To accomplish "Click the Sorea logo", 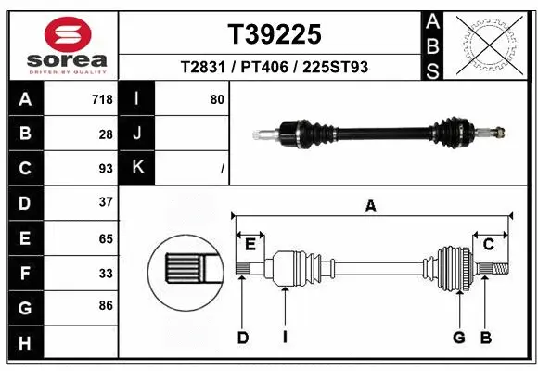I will coord(61,43).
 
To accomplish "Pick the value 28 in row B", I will coord(106,134).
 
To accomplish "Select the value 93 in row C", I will coord(106,168).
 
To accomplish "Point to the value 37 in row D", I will coord(106,201).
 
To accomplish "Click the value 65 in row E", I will coord(106,237).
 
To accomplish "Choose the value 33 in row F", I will coord(106,273).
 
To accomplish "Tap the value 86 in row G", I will coord(106,304).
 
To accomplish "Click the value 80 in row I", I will coord(217,98).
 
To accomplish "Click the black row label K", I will coord(136,168).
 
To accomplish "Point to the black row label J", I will coord(136,134).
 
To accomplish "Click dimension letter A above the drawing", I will coord(371,207).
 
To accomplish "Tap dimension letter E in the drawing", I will coord(250,244).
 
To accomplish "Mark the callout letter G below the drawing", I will coord(458,338).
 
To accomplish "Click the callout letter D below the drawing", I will coord(242,338).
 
